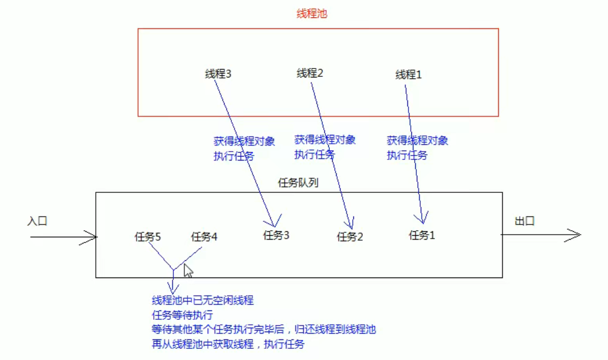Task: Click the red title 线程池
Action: [x=312, y=14]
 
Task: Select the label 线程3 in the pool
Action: [x=218, y=74]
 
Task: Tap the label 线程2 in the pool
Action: [x=310, y=73]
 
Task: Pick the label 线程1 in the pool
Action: [x=408, y=75]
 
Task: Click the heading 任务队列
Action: [x=298, y=183]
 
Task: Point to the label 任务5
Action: [x=148, y=237]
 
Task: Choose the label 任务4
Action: [x=204, y=237]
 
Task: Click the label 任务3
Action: [x=276, y=235]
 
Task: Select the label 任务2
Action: [x=350, y=237]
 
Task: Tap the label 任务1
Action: [x=422, y=235]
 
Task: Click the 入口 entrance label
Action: [x=37, y=221]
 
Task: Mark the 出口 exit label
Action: [x=524, y=221]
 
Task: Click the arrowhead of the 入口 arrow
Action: [x=93, y=237]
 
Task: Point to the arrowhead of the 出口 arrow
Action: [x=576, y=235]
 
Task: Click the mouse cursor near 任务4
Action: [x=188, y=271]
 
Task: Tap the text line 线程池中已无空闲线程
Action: [x=202, y=301]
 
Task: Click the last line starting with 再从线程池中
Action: [x=228, y=344]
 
